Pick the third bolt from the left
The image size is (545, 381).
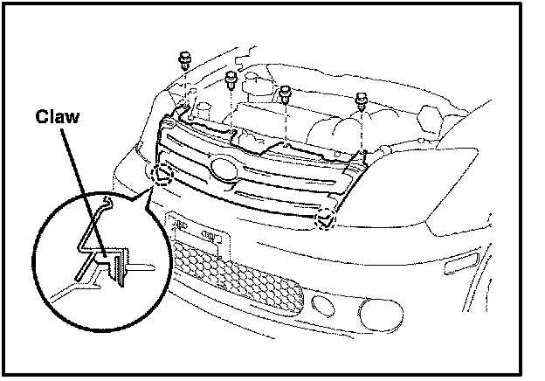pyautogui.click(x=285, y=90)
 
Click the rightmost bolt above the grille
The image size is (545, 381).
pyautogui.click(x=362, y=103)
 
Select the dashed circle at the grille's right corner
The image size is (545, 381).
pyautogui.click(x=327, y=218)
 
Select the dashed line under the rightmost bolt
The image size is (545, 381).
pyautogui.click(x=362, y=131)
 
